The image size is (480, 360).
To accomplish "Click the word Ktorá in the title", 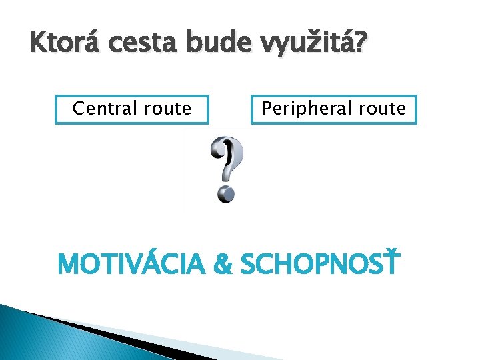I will (61, 46).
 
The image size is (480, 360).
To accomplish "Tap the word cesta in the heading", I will (141, 46).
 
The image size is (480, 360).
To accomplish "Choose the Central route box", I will (132, 109).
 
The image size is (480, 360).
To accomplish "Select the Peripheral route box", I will (333, 109).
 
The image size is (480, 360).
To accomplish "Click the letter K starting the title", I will (37, 46).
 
